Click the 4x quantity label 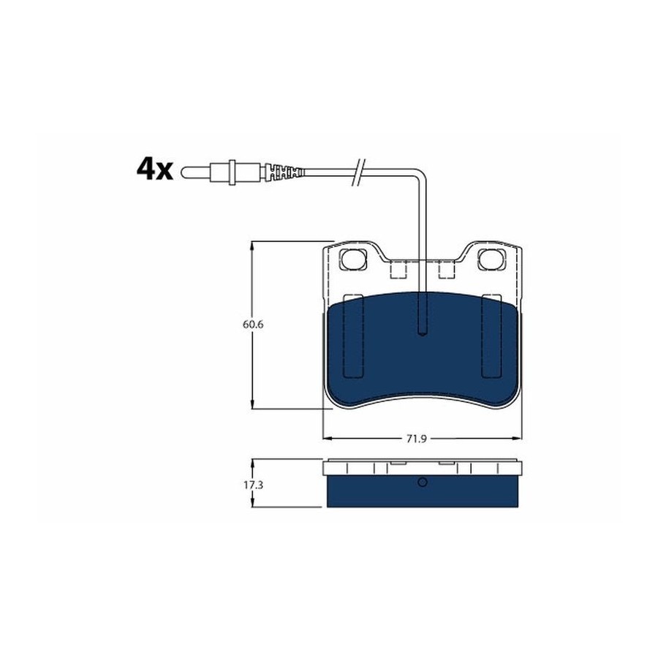[154, 169]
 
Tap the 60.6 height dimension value [253, 325]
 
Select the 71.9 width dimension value [416, 439]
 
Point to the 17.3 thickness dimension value [253, 485]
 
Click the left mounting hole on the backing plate [352, 259]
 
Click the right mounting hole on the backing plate [491, 259]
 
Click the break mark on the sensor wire [359, 172]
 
